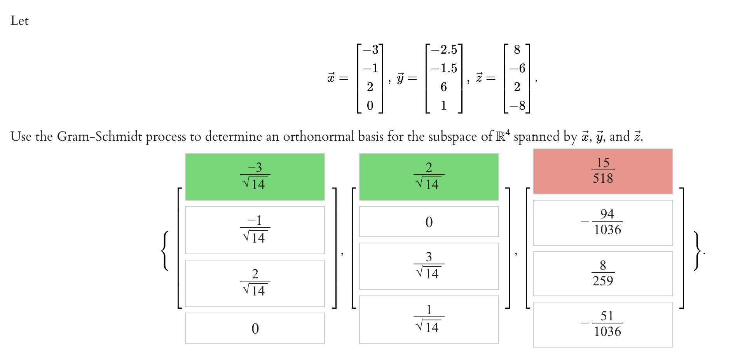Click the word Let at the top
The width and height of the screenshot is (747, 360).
click(19, 21)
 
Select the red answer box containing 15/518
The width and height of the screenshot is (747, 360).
click(603, 171)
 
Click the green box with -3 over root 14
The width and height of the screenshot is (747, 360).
click(255, 177)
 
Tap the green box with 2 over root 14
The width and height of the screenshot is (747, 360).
click(429, 177)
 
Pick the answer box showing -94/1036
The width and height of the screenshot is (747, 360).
click(603, 222)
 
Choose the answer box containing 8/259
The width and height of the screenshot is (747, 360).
click(603, 273)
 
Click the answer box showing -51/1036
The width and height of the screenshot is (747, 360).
click(603, 324)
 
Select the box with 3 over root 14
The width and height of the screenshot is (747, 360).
click(429, 266)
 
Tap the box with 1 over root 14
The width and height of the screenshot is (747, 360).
click(429, 319)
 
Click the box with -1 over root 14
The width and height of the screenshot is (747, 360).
click(255, 230)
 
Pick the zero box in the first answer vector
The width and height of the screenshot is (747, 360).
click(255, 328)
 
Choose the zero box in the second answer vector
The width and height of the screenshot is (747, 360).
click(429, 222)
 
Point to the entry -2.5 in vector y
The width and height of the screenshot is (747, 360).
click(444, 50)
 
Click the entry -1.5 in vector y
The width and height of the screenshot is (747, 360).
click(444, 68)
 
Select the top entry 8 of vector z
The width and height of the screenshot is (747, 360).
click(517, 50)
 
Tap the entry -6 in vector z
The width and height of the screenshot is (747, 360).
click(517, 68)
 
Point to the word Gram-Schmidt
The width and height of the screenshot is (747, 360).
click(99, 137)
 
